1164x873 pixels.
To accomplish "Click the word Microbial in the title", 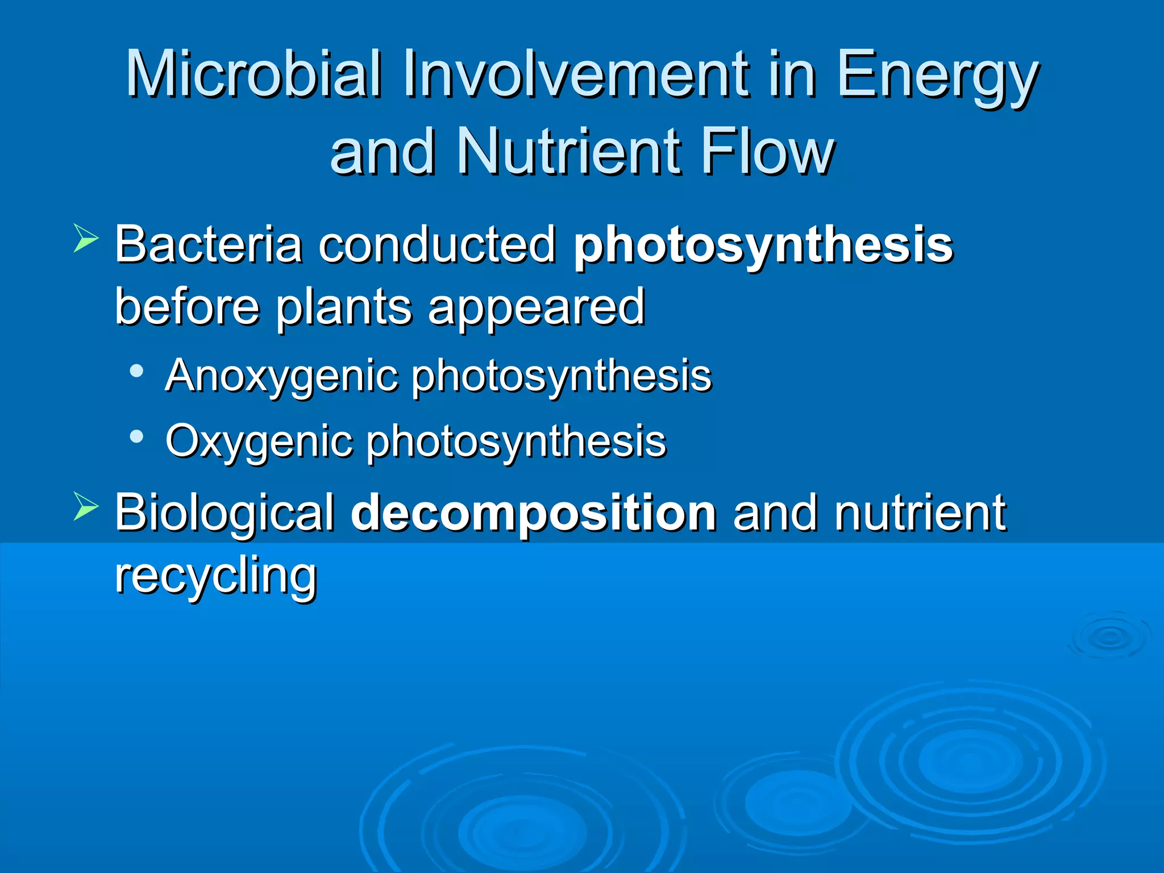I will click(x=253, y=74).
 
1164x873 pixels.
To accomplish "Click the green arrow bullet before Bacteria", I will click(x=86, y=238).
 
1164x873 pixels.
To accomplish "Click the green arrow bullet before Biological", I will click(x=86, y=506).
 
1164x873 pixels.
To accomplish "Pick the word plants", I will click(x=343, y=307).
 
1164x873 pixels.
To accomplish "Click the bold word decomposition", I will click(x=534, y=513).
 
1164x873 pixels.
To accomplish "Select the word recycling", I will click(x=215, y=576).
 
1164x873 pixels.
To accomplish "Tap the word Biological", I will click(x=225, y=513).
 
